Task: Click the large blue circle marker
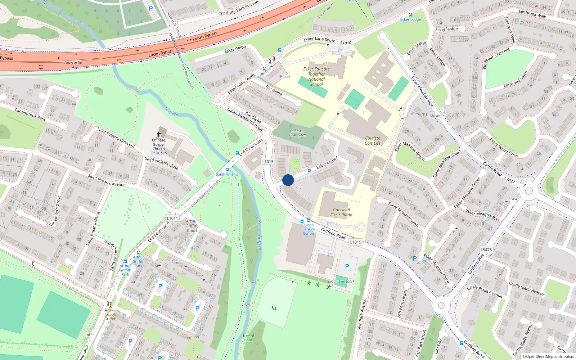pyautogui.click(x=288, y=180)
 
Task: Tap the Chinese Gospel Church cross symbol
pyautogui.click(x=159, y=134)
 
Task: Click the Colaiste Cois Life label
pyautogui.click(x=373, y=141)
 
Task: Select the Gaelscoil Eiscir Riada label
pyautogui.click(x=341, y=212)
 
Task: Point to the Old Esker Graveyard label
pyautogui.click(x=297, y=133)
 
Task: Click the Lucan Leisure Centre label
pyautogui.click(x=309, y=229)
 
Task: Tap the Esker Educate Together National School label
pyautogui.click(x=316, y=76)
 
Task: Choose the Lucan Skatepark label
pyautogui.click(x=341, y=282)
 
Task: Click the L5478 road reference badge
pyautogui.click(x=486, y=249)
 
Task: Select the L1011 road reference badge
pyautogui.click(x=172, y=218)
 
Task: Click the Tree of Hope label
pyautogui.click(x=248, y=338)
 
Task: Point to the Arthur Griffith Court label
pyautogui.click(x=192, y=226)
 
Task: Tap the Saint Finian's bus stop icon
pyautogui.click(x=227, y=170)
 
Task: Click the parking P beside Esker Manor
pyautogui.click(x=309, y=172)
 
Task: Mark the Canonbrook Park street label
pyautogui.click(x=30, y=114)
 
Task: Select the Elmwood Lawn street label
pyautogui.click(x=516, y=79)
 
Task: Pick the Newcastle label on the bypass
pyautogui.click(x=73, y=63)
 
